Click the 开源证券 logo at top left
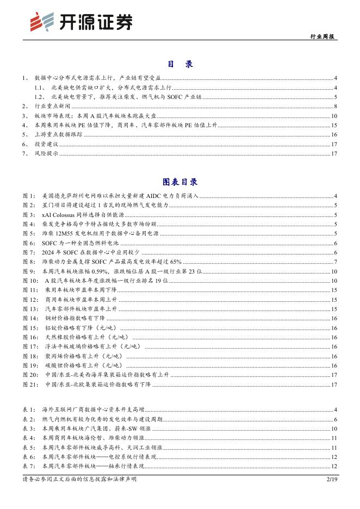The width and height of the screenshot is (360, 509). coord(81,21)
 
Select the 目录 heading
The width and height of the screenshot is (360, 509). coord(180,64)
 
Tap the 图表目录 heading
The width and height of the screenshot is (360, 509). coord(180,182)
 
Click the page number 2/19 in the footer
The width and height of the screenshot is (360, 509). coord(331,479)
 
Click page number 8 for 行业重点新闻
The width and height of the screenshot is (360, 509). coord(336,106)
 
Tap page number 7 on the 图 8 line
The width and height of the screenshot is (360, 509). coord(336,262)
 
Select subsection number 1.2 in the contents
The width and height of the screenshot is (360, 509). coord(39,96)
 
